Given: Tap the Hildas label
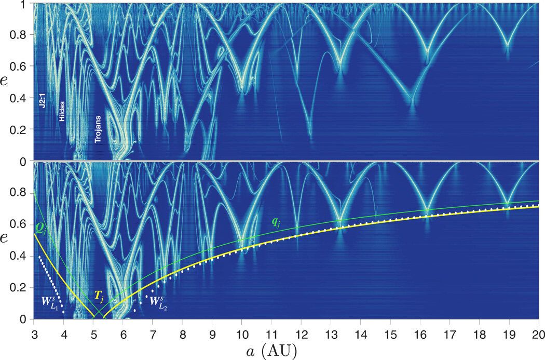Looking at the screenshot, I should tap(62, 122).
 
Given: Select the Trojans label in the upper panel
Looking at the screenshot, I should tap(98, 132).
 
